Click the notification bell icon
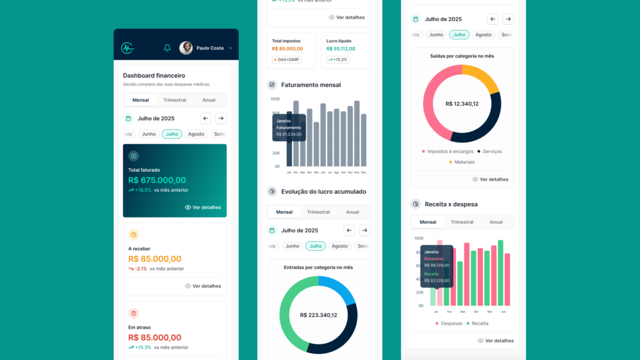[x=167, y=48]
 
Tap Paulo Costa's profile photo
[x=186, y=48]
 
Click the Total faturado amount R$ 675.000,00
[x=157, y=180]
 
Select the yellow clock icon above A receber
[x=134, y=234]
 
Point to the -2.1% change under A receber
[x=141, y=269]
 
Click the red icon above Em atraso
[x=134, y=313]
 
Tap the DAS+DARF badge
[x=287, y=60]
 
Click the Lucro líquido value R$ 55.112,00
[x=341, y=49]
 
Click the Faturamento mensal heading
[x=311, y=85]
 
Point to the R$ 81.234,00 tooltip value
[x=289, y=134]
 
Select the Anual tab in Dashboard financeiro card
[x=209, y=100]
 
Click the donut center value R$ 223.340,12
[x=318, y=315]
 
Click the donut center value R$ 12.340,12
[x=462, y=104]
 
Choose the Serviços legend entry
[x=489, y=151]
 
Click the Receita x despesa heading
[x=451, y=204]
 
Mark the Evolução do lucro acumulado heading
[x=323, y=192]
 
